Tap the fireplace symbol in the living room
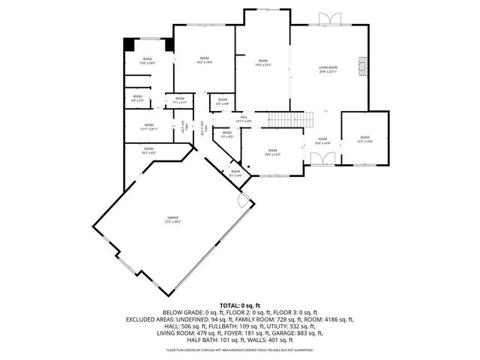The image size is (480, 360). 363,67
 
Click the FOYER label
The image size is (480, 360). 322,140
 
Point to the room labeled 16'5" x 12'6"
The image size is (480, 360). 272,152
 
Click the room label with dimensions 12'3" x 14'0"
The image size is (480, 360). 364,139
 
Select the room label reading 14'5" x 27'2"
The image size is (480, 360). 262,62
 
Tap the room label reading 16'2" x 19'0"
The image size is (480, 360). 204,60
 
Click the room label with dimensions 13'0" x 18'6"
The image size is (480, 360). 147,61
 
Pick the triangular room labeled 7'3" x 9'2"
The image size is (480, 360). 226,136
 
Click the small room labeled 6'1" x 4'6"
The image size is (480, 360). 235,173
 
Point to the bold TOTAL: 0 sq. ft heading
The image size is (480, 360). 240,305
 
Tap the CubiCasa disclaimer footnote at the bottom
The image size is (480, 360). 240,349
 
